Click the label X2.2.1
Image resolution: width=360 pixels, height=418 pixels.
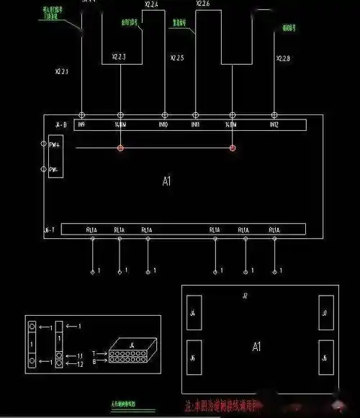63,72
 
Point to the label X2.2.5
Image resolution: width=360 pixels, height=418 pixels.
177,57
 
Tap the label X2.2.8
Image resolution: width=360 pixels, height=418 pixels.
284,57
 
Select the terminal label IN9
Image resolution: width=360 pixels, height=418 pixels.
81,124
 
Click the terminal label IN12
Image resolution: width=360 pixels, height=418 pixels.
274,124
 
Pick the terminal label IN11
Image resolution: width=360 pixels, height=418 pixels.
195,124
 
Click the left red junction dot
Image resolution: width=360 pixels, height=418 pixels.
120,148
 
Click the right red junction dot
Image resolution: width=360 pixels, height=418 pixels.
233,148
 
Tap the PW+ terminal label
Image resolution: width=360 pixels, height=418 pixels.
53,145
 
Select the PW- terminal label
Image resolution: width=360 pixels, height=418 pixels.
52,171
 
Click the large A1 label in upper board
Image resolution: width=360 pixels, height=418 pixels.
166,181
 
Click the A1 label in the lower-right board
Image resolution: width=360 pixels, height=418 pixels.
256,347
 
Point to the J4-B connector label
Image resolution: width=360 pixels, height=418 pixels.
60,124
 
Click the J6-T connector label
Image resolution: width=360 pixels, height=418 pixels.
49,230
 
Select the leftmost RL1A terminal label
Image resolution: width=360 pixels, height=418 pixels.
91,230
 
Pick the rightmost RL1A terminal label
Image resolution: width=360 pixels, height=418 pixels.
274,230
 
